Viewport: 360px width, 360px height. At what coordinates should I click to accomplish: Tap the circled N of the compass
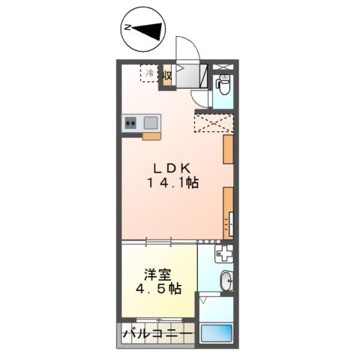tap(128, 28)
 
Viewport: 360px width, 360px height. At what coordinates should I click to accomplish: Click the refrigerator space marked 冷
tap(149, 74)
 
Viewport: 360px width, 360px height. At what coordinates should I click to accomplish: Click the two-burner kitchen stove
tap(130, 122)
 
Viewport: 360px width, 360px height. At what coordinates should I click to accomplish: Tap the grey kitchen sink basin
tap(150, 122)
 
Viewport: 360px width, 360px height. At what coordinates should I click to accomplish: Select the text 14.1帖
tap(172, 182)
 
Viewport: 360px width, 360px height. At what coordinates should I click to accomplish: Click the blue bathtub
tap(216, 332)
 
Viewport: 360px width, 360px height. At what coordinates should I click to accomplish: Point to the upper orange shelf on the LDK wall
tap(227, 149)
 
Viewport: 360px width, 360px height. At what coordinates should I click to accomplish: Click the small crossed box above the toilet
tap(223, 67)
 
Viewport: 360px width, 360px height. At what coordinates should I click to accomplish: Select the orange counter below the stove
tap(151, 136)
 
